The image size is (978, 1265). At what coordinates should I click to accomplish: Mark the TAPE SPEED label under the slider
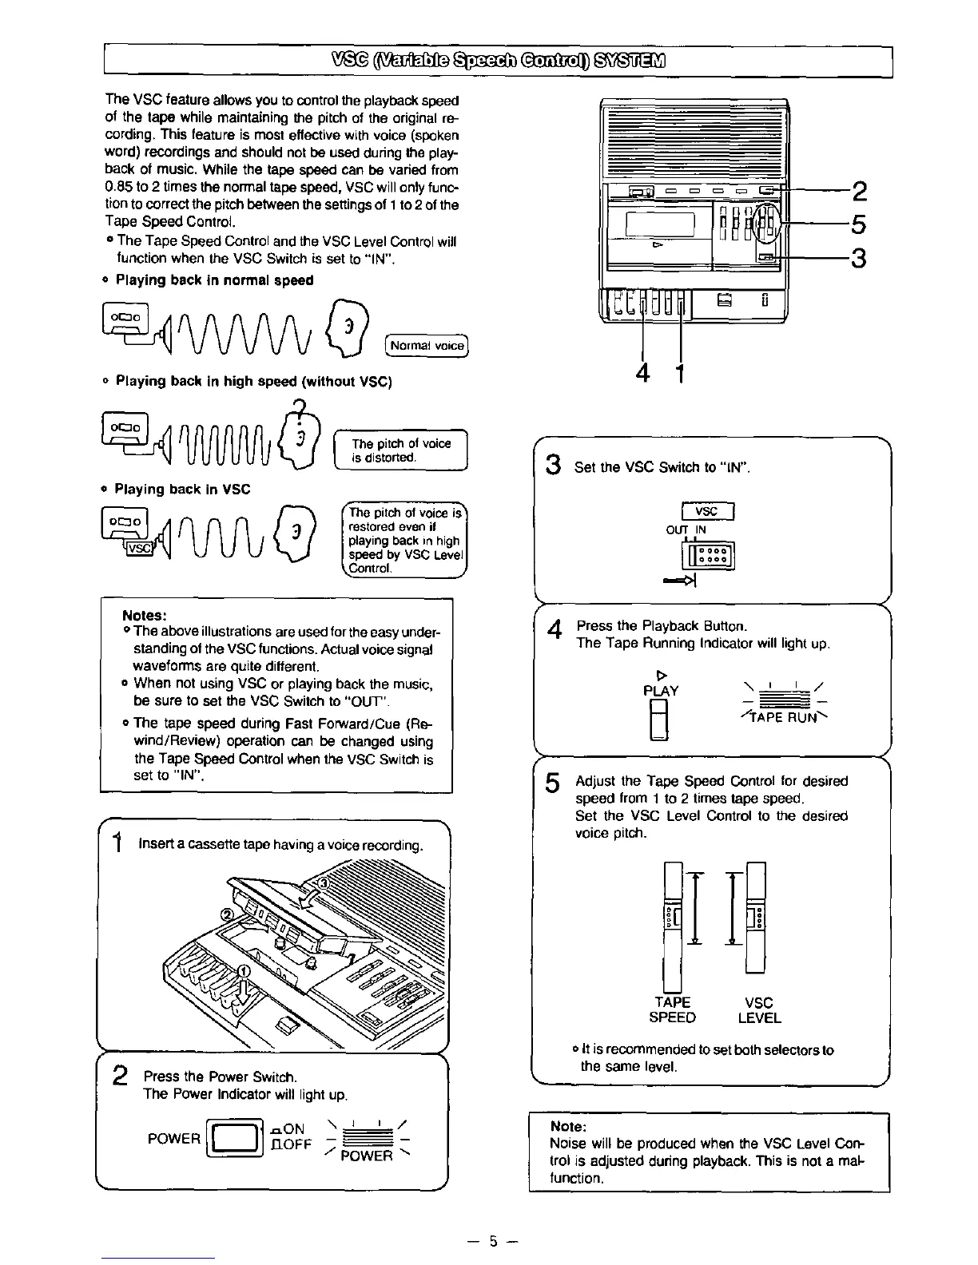pos(672,1010)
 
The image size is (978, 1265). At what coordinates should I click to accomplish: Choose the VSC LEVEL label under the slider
pos(758,1010)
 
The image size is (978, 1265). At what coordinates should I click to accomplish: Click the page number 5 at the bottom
pos(494,1241)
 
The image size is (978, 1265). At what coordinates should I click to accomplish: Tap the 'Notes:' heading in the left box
pos(144,615)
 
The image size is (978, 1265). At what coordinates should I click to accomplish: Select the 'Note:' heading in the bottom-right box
pos(569,1126)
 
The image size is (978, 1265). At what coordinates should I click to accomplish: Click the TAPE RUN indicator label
pos(779,717)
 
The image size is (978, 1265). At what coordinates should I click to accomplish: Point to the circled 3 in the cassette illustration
pos(323,883)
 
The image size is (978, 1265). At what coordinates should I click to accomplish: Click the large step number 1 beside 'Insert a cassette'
pos(117,843)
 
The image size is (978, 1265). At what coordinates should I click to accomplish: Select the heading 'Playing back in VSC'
pos(182,489)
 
